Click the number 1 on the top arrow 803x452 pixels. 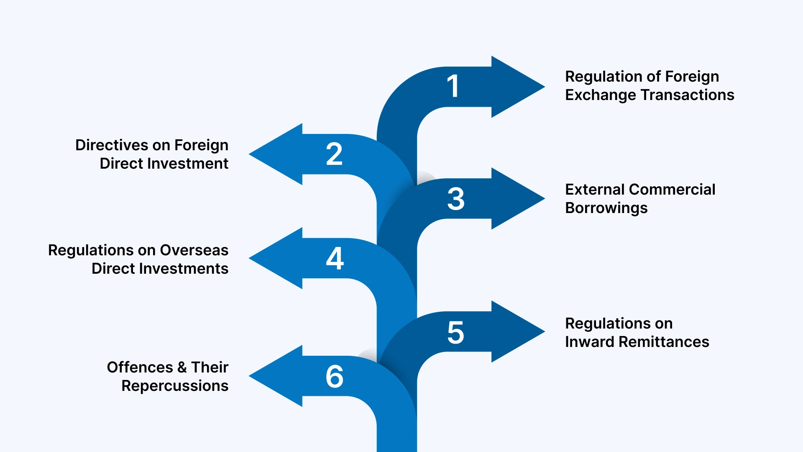coord(453,86)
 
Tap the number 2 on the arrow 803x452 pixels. coord(334,154)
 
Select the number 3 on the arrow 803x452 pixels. coord(455,199)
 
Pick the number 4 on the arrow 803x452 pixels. coord(335,258)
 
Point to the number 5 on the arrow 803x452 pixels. coord(455,333)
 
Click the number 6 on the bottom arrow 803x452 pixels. coord(335,376)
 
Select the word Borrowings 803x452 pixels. coord(606,208)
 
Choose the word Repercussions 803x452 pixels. coord(175,386)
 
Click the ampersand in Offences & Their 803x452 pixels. coord(182,367)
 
